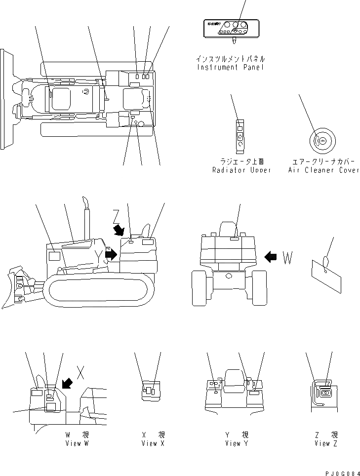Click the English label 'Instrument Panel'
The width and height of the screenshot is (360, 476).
tap(230, 67)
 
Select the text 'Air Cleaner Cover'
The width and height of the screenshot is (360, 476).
tap(323, 170)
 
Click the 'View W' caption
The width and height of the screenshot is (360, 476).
tap(77, 443)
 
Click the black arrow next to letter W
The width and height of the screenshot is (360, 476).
tap(271, 257)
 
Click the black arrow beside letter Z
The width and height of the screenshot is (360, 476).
tap(119, 230)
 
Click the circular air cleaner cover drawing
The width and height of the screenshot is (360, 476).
tap(321, 141)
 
